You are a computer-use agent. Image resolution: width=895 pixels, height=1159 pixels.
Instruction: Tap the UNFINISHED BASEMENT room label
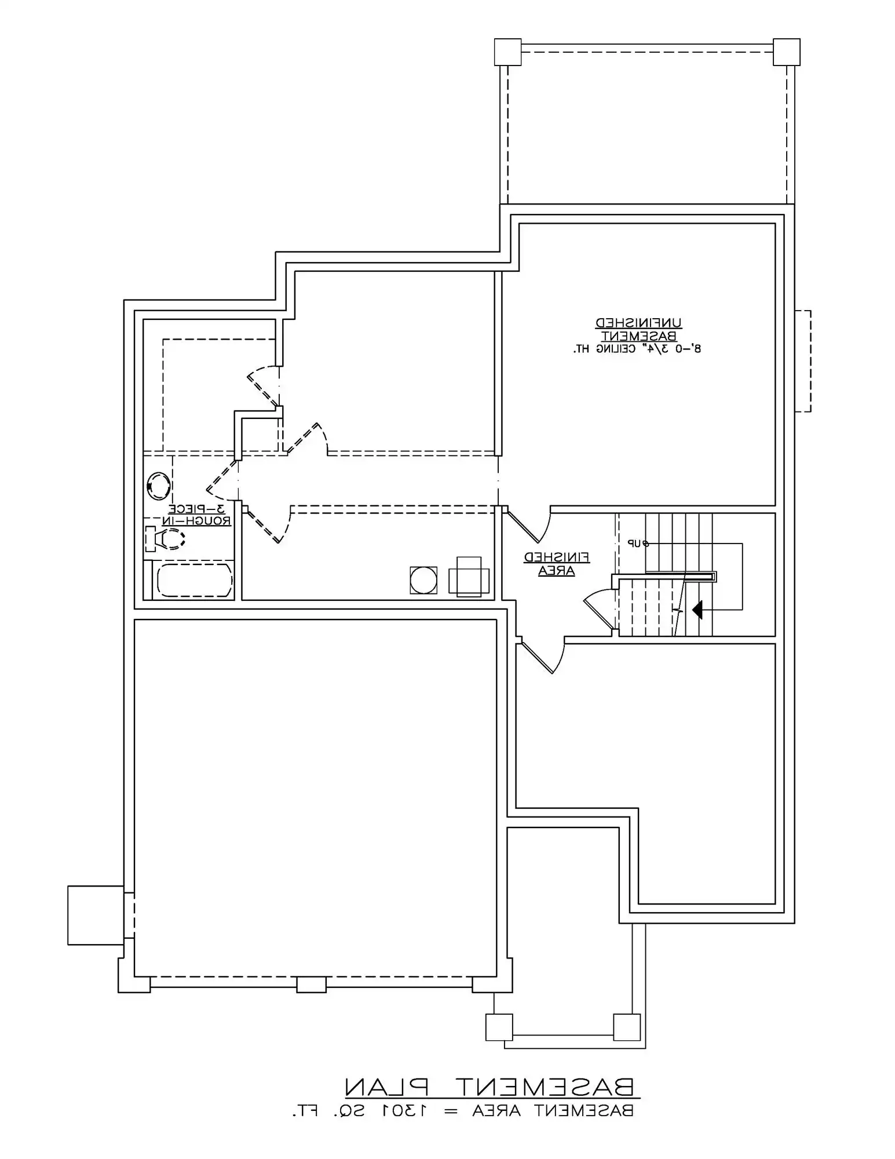tap(638, 329)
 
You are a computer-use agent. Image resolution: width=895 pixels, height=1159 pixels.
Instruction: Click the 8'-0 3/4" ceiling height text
tap(637, 349)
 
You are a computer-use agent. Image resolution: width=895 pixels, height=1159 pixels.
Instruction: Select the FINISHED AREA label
tap(557, 564)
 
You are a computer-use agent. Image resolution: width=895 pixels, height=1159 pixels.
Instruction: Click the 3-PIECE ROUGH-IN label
tap(198, 515)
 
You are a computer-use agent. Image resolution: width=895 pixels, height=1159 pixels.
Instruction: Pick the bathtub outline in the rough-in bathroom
tap(194, 579)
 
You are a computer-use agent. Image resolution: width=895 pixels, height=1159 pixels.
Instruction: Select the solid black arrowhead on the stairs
tap(697, 610)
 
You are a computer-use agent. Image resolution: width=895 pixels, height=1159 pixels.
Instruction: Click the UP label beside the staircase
tap(637, 543)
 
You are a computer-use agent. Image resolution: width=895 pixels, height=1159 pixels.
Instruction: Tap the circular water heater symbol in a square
tap(423, 580)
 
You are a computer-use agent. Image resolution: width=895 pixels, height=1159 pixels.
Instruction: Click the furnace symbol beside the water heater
tap(469, 577)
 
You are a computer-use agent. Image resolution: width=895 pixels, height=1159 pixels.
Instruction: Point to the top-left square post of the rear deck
tap(507, 52)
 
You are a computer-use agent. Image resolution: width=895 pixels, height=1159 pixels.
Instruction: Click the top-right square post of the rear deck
tap(786, 52)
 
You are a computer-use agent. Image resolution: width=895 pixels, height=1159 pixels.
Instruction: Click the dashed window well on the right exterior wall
tap(803, 361)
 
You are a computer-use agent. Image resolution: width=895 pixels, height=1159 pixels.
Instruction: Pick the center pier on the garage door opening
tap(311, 984)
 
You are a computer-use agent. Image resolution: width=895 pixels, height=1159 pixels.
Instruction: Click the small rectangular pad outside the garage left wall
tap(96, 915)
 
